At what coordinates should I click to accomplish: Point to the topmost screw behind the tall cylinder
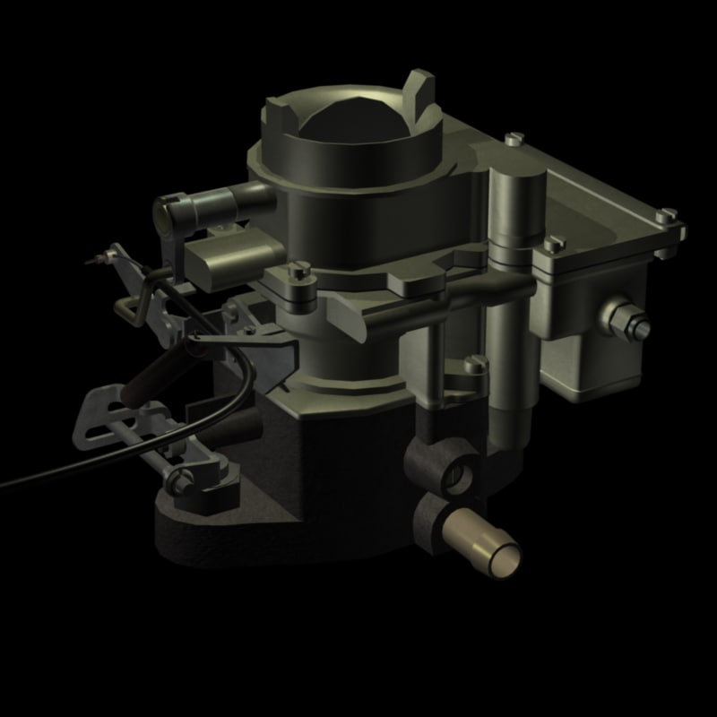point(513,139)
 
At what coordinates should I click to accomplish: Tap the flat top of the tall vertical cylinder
point(515,179)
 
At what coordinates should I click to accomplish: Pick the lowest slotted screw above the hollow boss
point(475,365)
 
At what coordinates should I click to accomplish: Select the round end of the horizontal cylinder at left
point(166,212)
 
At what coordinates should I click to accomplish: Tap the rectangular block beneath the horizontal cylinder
point(215,260)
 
